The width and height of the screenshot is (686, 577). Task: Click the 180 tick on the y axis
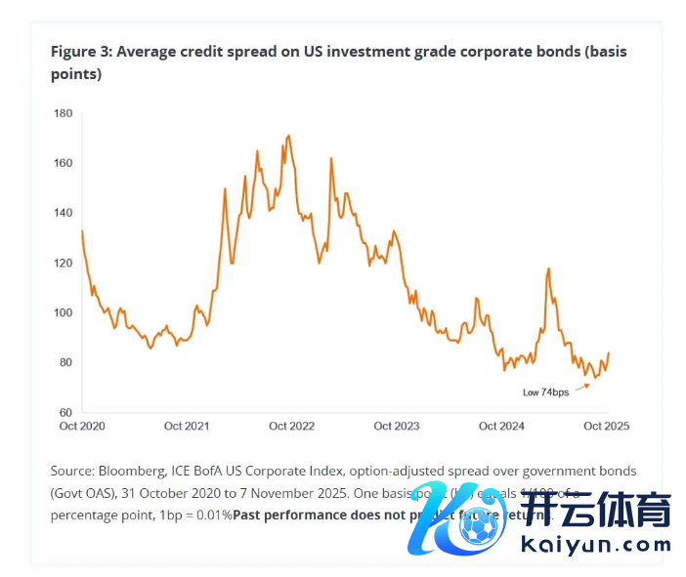click(x=64, y=113)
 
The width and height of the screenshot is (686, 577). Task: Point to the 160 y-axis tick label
click(x=64, y=163)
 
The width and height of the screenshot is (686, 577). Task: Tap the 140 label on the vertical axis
click(x=64, y=213)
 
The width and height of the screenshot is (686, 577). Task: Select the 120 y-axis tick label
click(x=64, y=263)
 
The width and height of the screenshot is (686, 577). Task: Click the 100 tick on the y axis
click(x=64, y=312)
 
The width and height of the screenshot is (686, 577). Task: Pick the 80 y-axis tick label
click(x=66, y=362)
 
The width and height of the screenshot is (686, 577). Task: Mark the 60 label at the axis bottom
click(x=66, y=412)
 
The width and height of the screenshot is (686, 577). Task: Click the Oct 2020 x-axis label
click(x=81, y=426)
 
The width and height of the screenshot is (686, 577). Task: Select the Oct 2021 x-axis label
click(x=187, y=426)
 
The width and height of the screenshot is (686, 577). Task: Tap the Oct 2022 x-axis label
click(x=291, y=426)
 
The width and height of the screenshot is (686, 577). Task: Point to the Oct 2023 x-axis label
click(x=397, y=426)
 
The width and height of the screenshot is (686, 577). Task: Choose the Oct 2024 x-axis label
click(x=501, y=426)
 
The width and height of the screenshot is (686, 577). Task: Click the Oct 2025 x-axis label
click(x=606, y=426)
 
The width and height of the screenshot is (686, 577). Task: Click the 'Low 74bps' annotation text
click(x=545, y=392)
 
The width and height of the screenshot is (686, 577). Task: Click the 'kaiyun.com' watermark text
click(x=597, y=545)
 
